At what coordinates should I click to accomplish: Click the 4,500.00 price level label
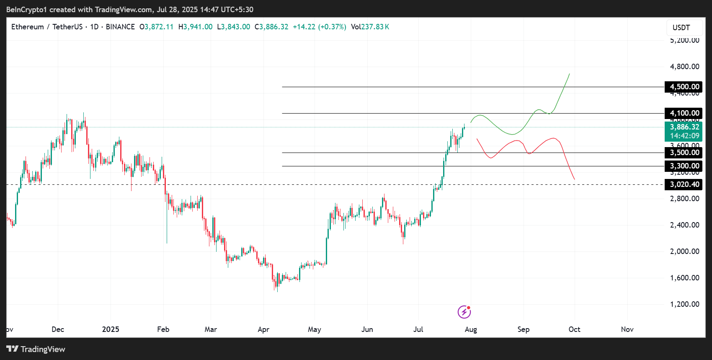click(x=684, y=87)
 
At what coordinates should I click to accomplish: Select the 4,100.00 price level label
click(x=684, y=113)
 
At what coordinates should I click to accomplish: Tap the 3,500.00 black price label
click(x=684, y=153)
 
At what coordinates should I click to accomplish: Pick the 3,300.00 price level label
click(x=684, y=166)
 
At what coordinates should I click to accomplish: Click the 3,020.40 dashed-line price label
click(x=684, y=184)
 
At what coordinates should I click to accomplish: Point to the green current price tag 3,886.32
click(x=684, y=127)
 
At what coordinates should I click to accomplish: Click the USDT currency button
click(x=681, y=28)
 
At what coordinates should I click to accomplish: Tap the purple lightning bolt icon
click(x=464, y=312)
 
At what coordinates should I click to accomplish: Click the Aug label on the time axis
click(x=471, y=329)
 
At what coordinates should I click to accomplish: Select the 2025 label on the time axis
click(x=111, y=329)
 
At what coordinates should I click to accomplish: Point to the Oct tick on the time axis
click(x=574, y=329)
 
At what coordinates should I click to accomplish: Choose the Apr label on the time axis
click(x=263, y=329)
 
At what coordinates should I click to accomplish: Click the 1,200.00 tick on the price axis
click(x=684, y=304)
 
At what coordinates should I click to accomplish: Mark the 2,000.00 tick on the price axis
click(x=684, y=251)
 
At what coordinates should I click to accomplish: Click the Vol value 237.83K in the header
click(x=370, y=27)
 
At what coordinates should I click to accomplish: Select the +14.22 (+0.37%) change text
click(x=319, y=27)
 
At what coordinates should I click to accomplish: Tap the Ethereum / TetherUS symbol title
click(x=47, y=27)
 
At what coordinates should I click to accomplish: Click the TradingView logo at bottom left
click(x=36, y=349)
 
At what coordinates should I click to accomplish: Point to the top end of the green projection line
click(x=569, y=74)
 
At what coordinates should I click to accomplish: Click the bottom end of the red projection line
click(x=574, y=179)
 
